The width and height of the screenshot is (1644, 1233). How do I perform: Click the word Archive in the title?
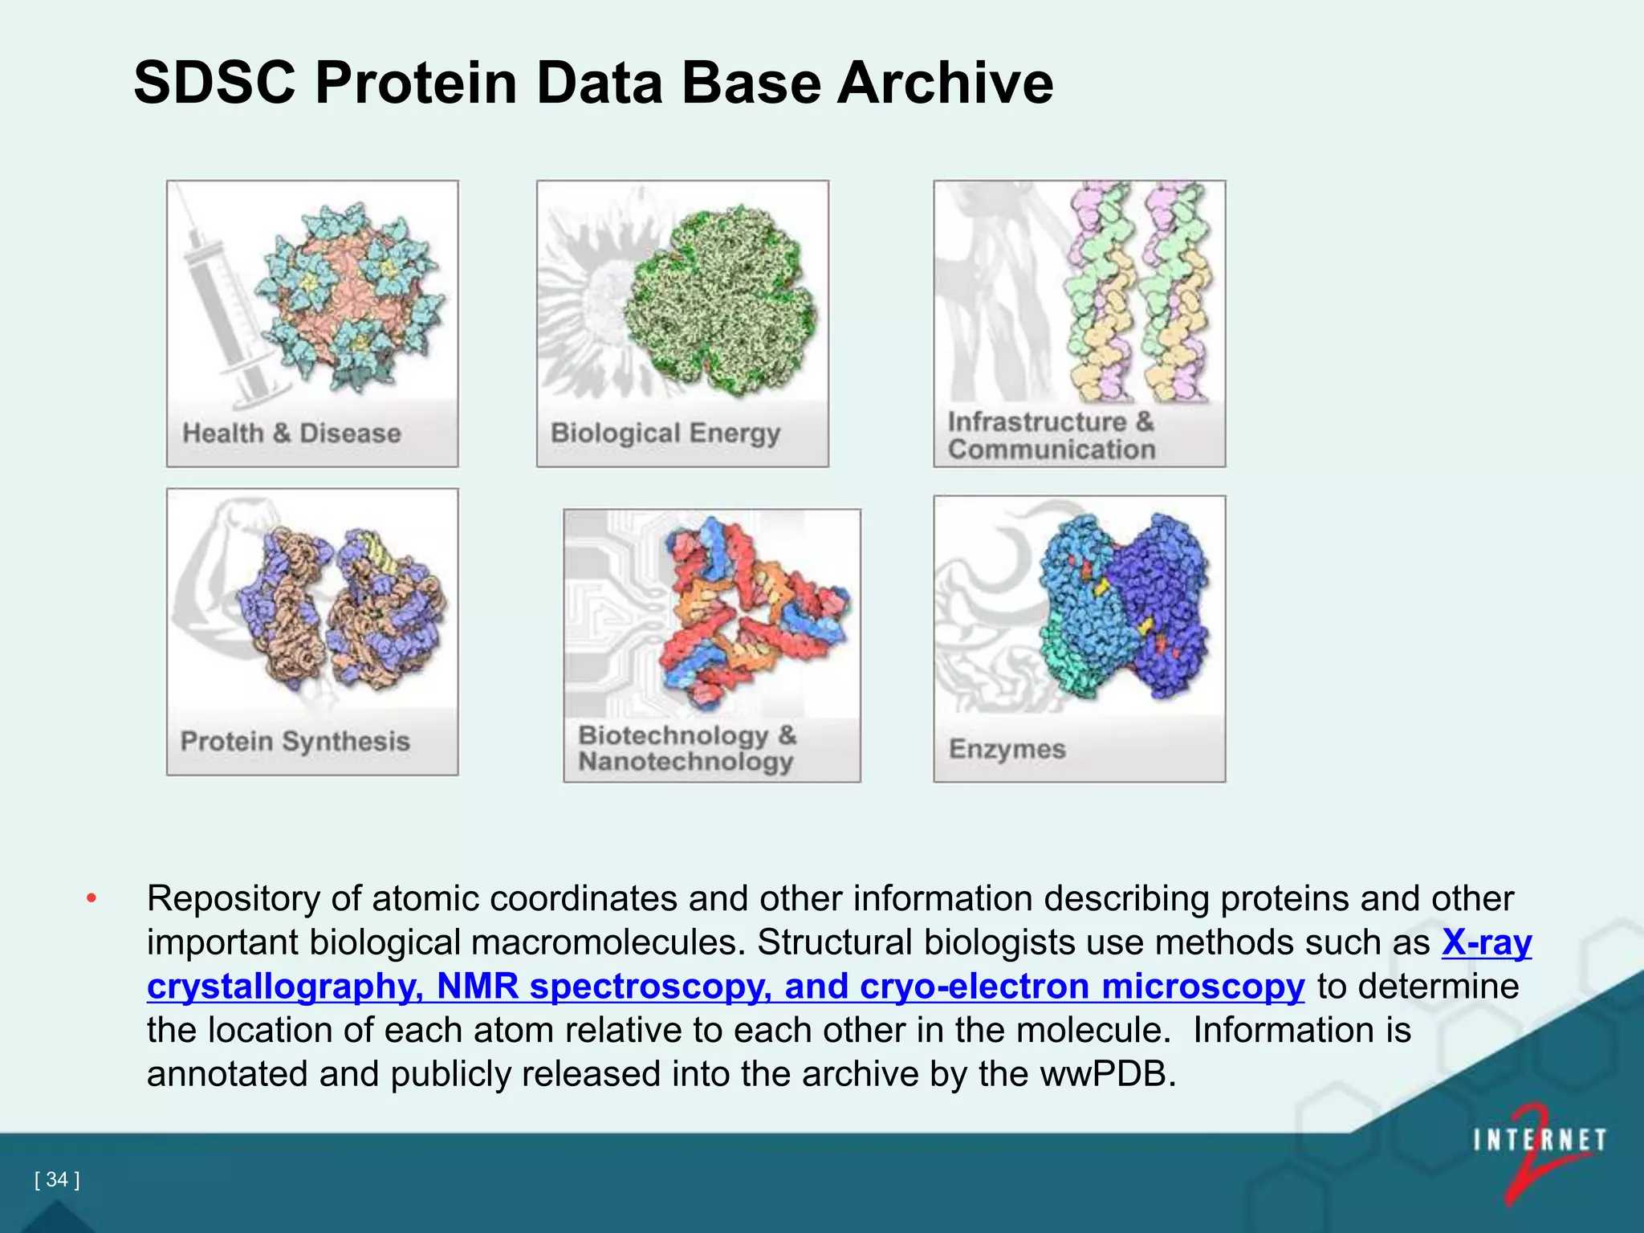pyautogui.click(x=945, y=83)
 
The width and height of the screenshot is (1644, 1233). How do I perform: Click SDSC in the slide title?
pyautogui.click(x=214, y=83)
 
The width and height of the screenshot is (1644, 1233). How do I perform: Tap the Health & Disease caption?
pyautogui.click(x=291, y=433)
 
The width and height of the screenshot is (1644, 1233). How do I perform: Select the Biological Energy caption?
pyautogui.click(x=665, y=433)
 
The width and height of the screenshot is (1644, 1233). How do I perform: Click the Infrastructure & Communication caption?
pyautogui.click(x=1051, y=436)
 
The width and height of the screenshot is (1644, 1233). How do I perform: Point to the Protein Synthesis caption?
pyautogui.click(x=295, y=741)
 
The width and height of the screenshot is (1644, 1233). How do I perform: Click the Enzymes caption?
pyautogui.click(x=1007, y=749)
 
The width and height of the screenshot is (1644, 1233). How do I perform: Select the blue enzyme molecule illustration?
pyautogui.click(x=1124, y=606)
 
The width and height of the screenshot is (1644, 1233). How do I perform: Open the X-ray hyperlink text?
pyautogui.click(x=1487, y=942)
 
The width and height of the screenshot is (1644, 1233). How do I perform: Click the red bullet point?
pyautogui.click(x=92, y=898)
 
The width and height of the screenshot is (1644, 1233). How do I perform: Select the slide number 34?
pyautogui.click(x=57, y=1179)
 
